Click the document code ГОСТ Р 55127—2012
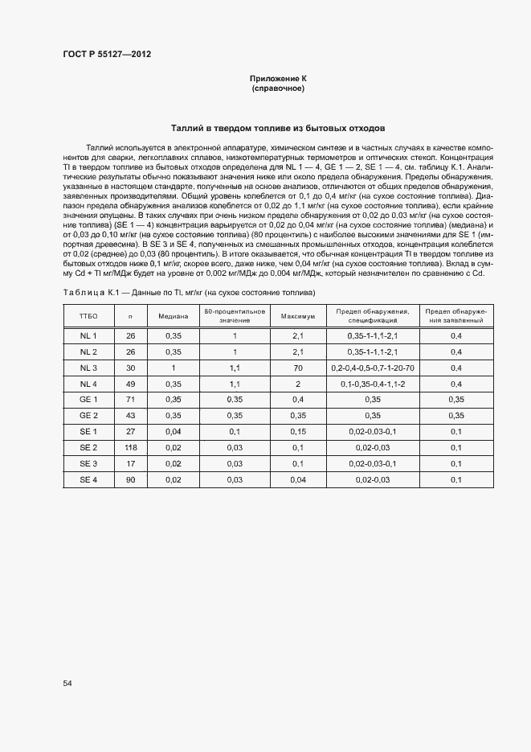point(107,55)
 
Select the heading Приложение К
point(278,78)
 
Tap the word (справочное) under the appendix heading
point(278,88)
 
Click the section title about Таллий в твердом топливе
point(278,128)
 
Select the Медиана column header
point(173,316)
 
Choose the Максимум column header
point(297,316)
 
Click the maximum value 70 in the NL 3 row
point(297,368)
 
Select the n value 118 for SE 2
point(131,447)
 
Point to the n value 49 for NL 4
point(131,384)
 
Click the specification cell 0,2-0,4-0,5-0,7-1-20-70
point(372,368)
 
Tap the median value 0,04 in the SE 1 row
point(173,431)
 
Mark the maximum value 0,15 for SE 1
point(297,431)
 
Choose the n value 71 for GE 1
point(131,400)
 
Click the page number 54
point(67,683)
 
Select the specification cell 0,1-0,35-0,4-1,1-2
point(372,384)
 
